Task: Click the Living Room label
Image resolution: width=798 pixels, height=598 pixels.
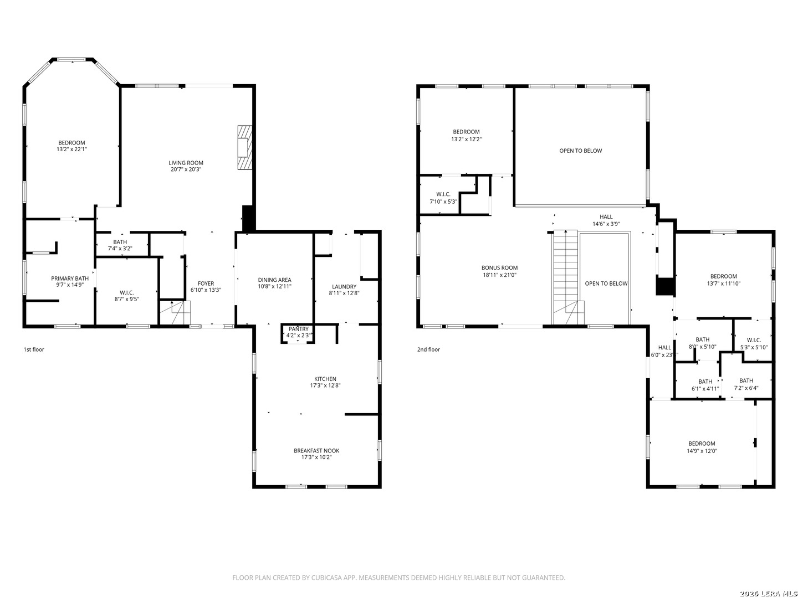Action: coord(186,163)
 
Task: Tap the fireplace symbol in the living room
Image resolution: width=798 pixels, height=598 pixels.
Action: coord(245,147)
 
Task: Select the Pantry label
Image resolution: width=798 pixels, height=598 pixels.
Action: coord(299,329)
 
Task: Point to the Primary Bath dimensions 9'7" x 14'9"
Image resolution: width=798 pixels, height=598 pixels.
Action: coord(69,285)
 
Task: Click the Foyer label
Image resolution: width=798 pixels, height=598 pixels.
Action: coord(206,283)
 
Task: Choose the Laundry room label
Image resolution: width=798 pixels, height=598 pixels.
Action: coord(344,287)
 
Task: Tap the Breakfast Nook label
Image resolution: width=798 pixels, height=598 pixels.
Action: coord(316,451)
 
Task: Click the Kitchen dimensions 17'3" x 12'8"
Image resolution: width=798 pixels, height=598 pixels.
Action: coord(325,385)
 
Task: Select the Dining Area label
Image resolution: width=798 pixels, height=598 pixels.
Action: coord(274,280)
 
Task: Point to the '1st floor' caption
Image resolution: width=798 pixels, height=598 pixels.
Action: coord(34,349)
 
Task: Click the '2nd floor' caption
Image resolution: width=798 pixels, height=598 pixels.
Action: coord(428,349)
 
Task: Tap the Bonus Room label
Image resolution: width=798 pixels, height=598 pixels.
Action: coord(499,268)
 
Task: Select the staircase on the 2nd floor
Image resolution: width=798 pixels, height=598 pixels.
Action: coord(566,277)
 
